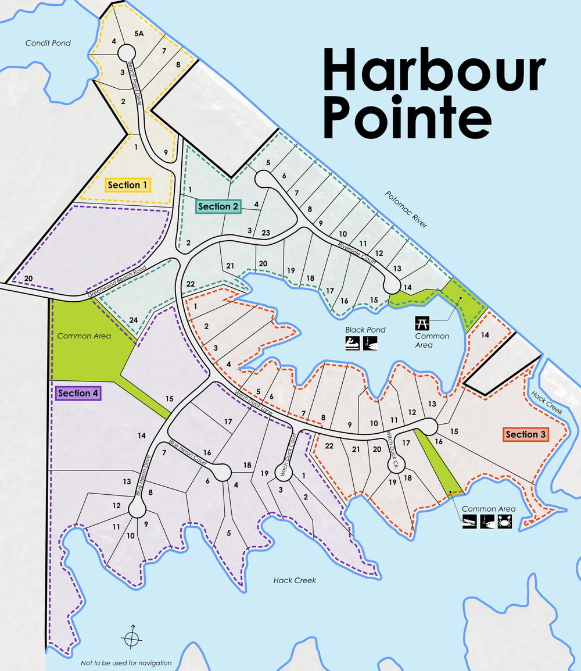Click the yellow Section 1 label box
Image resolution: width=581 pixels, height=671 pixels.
pyautogui.click(x=128, y=185)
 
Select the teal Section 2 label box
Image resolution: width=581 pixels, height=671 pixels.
pyautogui.click(x=218, y=206)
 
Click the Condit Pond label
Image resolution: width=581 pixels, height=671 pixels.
pyautogui.click(x=48, y=43)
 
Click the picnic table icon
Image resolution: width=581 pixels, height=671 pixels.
pyautogui.click(x=422, y=323)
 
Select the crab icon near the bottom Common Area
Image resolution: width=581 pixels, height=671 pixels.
pyautogui.click(x=506, y=521)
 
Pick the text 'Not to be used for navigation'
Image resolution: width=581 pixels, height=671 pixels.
pyautogui.click(x=126, y=663)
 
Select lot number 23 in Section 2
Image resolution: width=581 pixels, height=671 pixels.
pyautogui.click(x=266, y=233)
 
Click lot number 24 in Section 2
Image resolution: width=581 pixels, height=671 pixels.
pyautogui.click(x=134, y=320)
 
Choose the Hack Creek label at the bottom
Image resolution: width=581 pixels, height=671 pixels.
pyautogui.click(x=295, y=580)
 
